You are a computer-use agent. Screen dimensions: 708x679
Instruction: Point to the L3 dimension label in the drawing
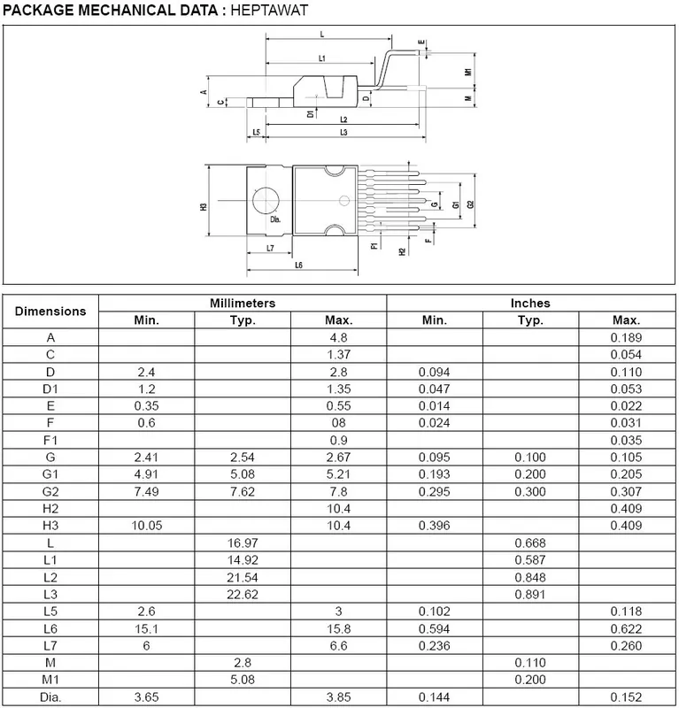(343, 133)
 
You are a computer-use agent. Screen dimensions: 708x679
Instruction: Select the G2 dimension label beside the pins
(470, 204)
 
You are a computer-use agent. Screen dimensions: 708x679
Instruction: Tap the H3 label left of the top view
(204, 205)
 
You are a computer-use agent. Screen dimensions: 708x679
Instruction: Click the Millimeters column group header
(242, 303)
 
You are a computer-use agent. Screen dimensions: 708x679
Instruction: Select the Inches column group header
(530, 303)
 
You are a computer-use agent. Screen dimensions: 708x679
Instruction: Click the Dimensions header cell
(51, 311)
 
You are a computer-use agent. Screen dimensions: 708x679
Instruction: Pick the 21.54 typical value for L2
(243, 576)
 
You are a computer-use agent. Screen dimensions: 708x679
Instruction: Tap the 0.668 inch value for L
(530, 543)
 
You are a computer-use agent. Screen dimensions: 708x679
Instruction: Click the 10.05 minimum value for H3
(146, 526)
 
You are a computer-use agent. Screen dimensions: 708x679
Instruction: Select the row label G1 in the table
(51, 475)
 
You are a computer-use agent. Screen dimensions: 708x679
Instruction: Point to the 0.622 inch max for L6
(626, 627)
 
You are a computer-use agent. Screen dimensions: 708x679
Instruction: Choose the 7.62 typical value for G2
(243, 492)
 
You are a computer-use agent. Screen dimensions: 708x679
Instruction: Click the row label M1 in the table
(51, 678)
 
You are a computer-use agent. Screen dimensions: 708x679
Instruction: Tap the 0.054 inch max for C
(626, 354)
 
